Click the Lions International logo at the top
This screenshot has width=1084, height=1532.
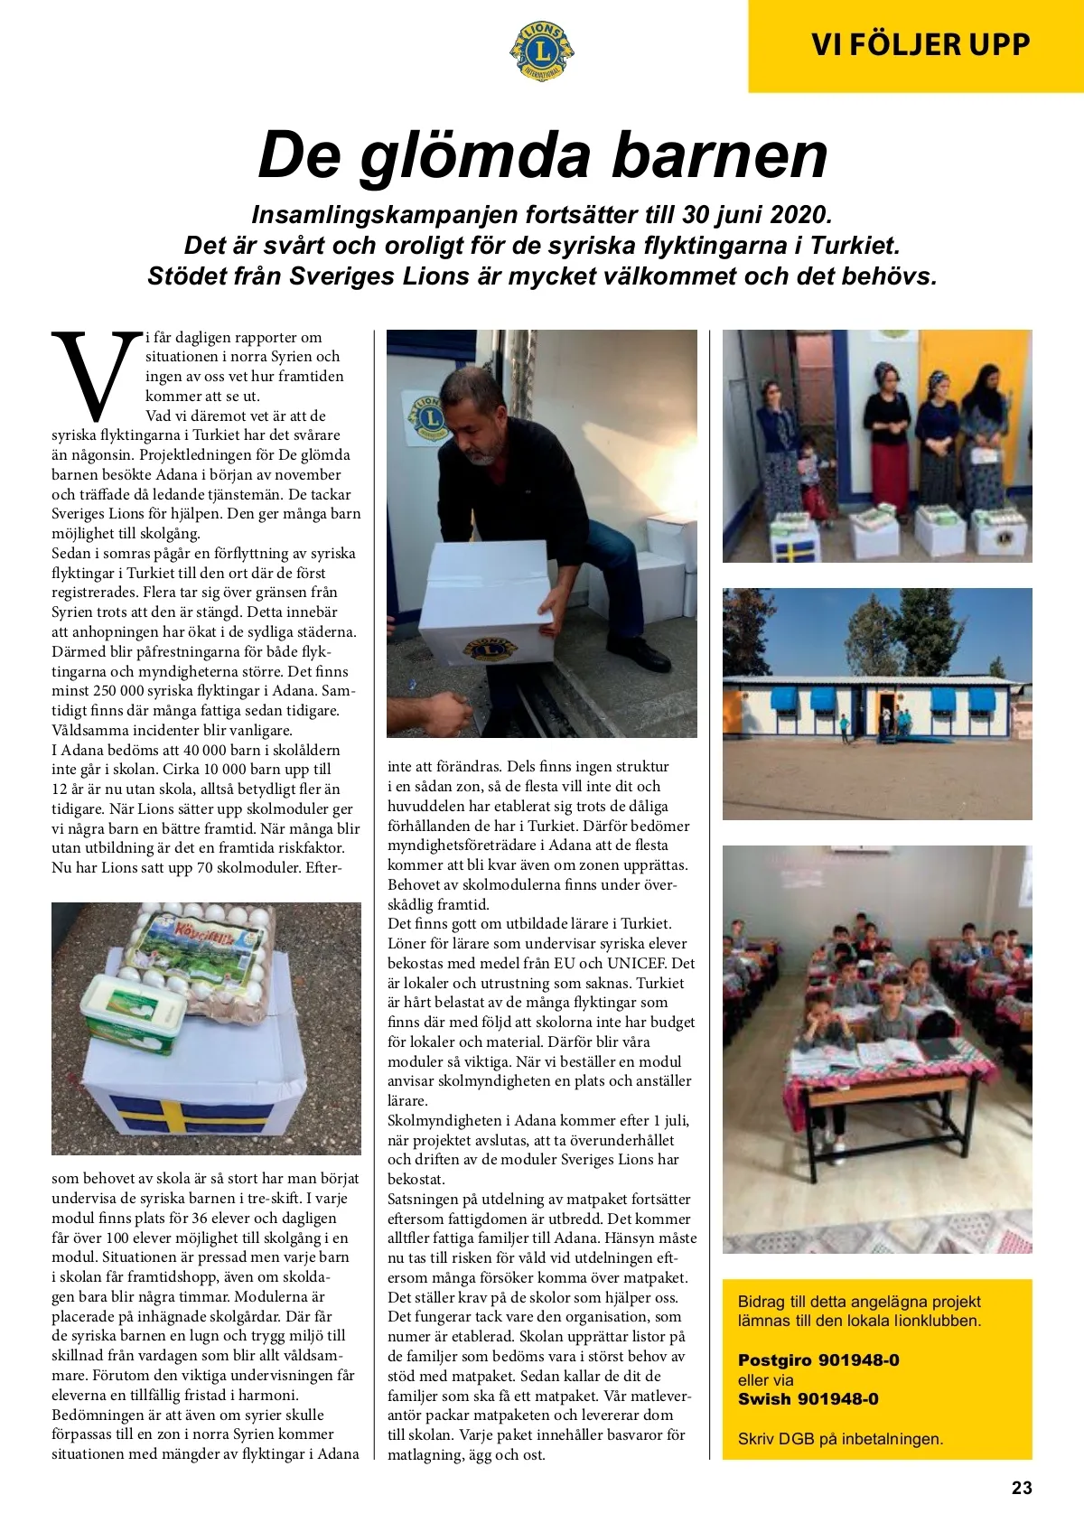coord(542,51)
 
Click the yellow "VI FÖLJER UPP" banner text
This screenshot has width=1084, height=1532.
coord(920,44)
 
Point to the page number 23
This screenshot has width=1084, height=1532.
coord(1021,1488)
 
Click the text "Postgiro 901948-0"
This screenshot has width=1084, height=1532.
coord(818,1360)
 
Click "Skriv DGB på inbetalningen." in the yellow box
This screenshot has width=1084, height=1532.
coord(840,1439)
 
